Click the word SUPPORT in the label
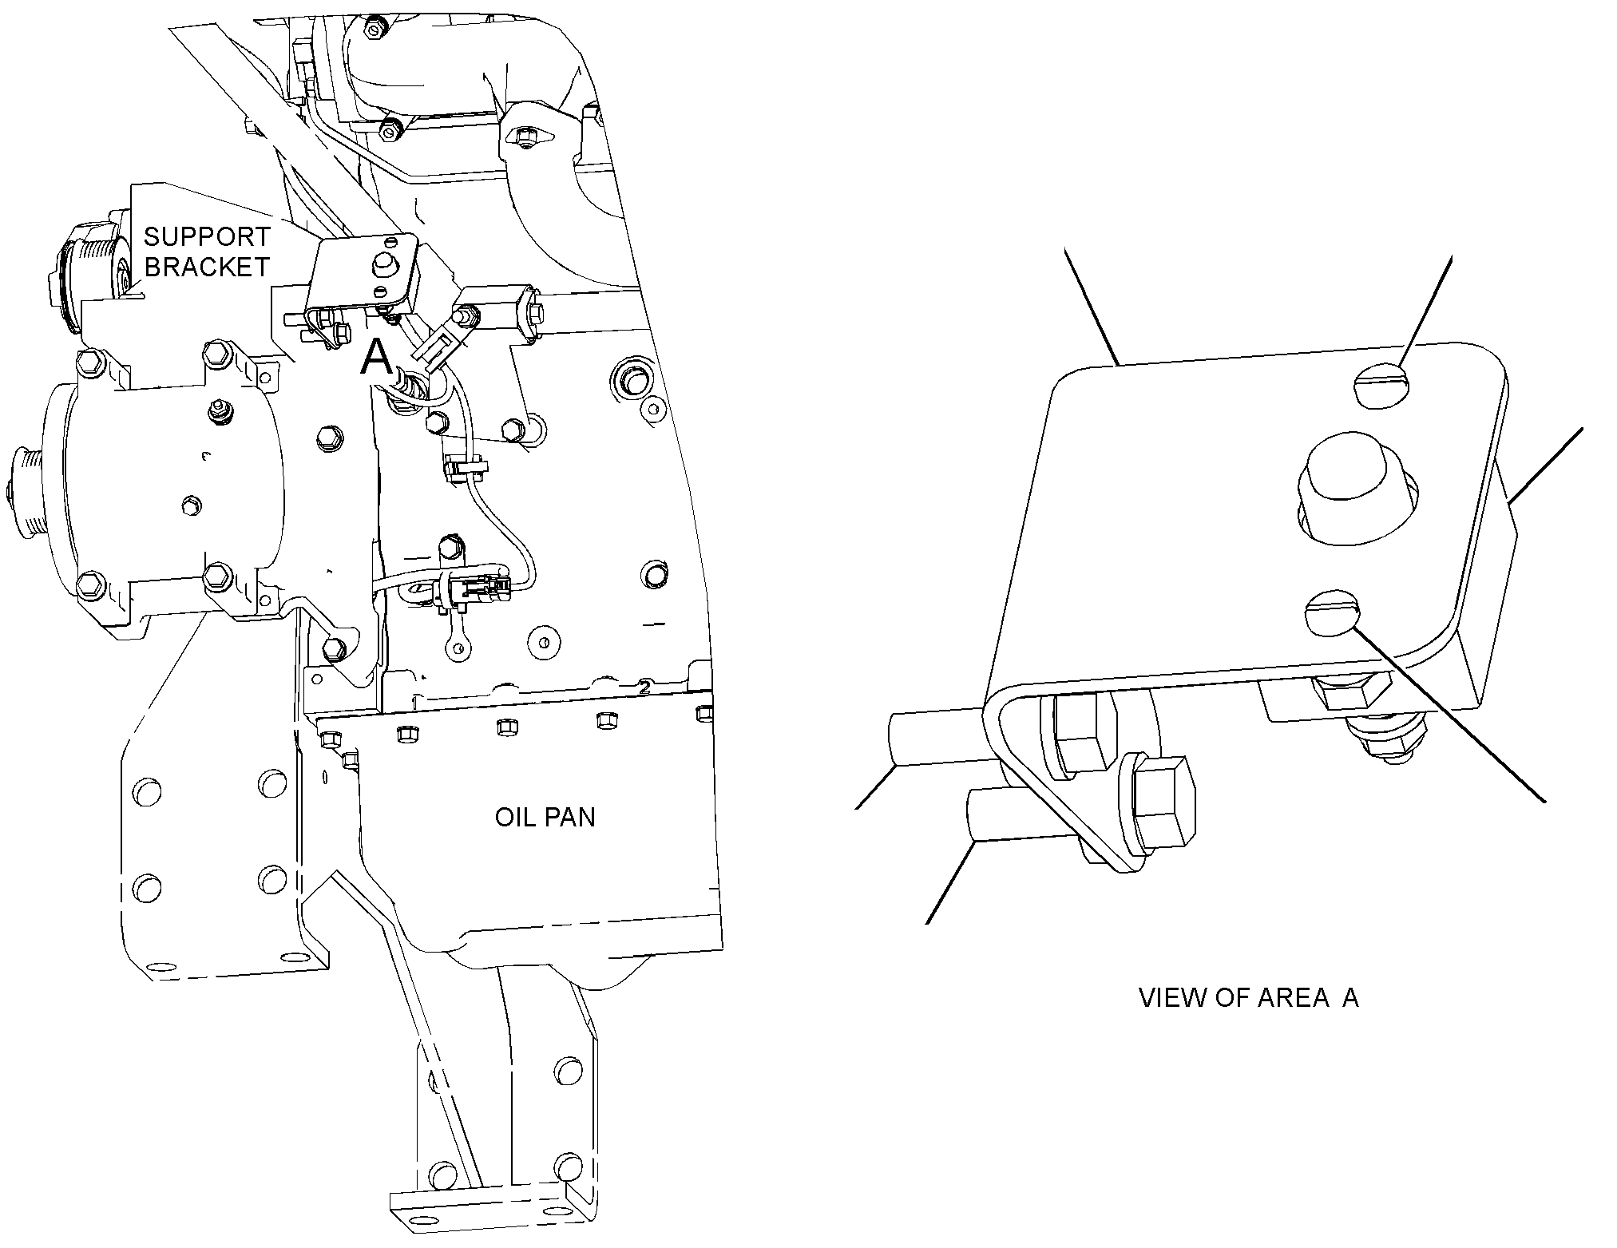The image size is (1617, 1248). click(x=207, y=236)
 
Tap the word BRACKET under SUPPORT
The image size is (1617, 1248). click(x=208, y=267)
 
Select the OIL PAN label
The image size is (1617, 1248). click(x=545, y=818)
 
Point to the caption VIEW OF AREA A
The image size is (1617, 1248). click(x=1248, y=998)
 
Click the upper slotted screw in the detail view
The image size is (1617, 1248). click(x=1381, y=389)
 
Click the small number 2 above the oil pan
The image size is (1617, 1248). click(x=644, y=686)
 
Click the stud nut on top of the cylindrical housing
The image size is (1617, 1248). click(x=215, y=411)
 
